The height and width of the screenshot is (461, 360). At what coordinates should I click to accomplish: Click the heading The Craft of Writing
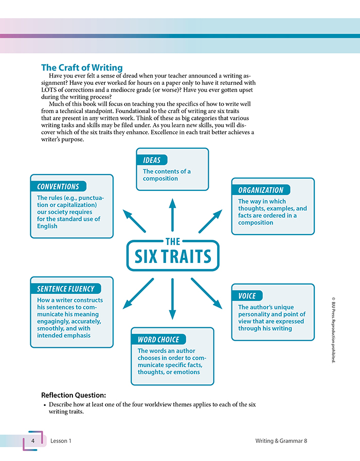click(82, 67)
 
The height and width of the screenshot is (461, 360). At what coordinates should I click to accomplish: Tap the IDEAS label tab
click(152, 160)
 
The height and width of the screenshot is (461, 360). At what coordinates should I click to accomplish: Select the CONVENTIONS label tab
click(58, 187)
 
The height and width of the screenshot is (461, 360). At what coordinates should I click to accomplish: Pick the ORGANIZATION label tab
click(261, 190)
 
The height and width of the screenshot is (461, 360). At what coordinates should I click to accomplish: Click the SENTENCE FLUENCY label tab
click(65, 289)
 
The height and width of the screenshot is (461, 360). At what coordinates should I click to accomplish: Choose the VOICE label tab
click(247, 295)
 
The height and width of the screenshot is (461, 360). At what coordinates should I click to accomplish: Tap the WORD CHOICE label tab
click(158, 340)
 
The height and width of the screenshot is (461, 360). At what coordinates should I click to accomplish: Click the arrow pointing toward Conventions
click(134, 220)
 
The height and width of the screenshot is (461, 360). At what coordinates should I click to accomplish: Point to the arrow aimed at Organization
click(210, 221)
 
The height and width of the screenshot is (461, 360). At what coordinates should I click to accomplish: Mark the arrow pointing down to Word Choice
click(172, 298)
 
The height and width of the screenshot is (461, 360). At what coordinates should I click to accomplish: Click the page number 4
click(32, 441)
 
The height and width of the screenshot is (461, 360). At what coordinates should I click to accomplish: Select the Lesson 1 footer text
click(61, 441)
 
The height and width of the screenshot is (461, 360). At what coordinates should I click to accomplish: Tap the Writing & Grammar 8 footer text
click(281, 441)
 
